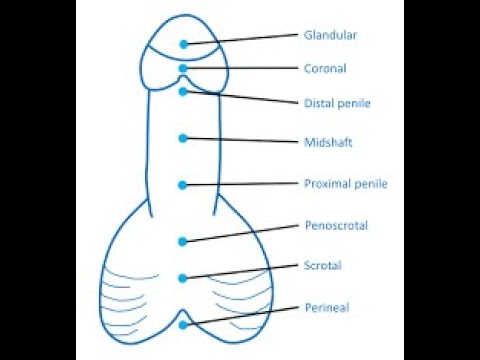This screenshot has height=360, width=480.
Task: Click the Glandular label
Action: pos(330,35)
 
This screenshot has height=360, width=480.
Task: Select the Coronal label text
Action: pos(325,68)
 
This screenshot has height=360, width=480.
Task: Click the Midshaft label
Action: pos(328,142)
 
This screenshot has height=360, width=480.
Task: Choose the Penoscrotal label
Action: pos(336,225)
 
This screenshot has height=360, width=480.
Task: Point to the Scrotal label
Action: pos(323,266)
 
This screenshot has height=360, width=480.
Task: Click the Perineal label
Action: pos(327,307)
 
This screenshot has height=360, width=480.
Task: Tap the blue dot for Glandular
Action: pos(184,44)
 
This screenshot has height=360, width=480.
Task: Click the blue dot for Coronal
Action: pos(183,68)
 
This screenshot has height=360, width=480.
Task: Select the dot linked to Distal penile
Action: pos(183,91)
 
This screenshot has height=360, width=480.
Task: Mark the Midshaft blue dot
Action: pos(183,138)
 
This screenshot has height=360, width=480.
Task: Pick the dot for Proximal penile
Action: pos(183,185)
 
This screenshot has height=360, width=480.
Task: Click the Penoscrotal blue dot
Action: pos(183,242)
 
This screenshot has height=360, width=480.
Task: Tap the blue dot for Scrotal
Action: pos(183,278)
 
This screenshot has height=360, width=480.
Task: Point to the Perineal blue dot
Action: pos(183,325)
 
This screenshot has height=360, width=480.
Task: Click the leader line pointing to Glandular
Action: pos(241,39)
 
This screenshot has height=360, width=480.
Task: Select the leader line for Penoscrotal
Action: pos(241,233)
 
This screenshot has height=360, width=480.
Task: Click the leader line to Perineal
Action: pos(241,316)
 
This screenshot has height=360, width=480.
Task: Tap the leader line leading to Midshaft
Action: pos(241,140)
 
